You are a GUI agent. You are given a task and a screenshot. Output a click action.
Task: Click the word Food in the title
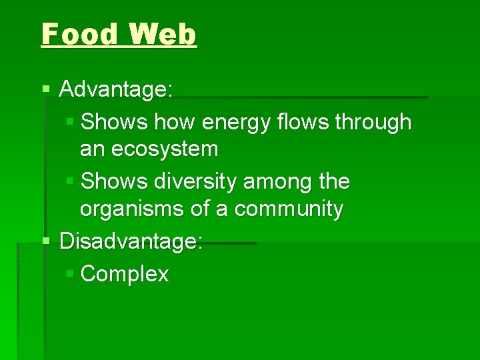[x=79, y=34]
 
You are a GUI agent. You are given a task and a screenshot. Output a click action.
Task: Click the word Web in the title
[x=163, y=34]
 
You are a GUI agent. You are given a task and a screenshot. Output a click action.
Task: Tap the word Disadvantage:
[x=131, y=241]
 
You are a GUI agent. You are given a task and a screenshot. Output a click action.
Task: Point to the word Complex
[x=125, y=274]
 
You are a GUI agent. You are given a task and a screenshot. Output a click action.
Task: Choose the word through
[x=373, y=123]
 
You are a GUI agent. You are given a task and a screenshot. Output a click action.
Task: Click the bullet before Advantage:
[x=45, y=89]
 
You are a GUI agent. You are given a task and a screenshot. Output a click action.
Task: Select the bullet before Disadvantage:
[x=45, y=241]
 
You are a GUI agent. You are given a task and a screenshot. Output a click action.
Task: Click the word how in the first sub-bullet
[x=175, y=122]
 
